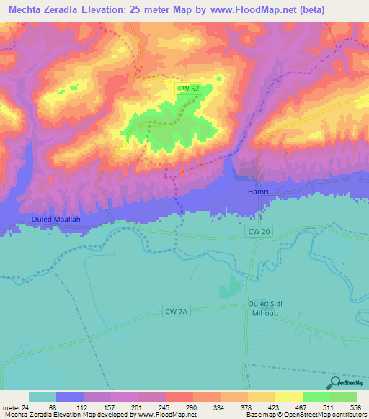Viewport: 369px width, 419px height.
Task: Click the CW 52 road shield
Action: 188,89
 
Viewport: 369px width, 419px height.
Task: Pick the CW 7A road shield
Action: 176,311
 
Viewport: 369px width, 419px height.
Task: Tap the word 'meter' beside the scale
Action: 11,407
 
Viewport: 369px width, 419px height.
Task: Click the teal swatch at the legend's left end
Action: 43,397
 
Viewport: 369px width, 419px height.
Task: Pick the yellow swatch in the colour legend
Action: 288,397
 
